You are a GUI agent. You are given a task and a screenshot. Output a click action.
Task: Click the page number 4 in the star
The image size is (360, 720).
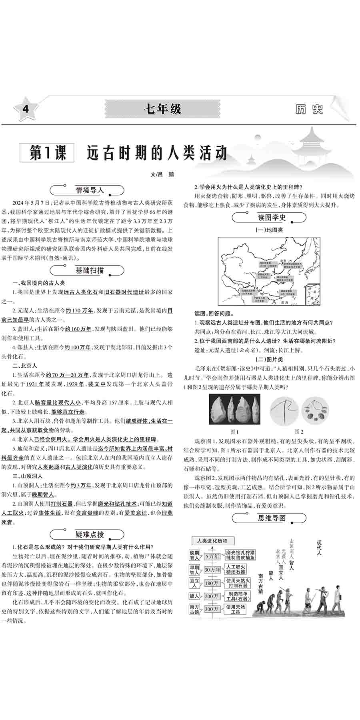25,109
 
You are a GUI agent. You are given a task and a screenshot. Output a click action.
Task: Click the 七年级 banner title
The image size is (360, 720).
163,109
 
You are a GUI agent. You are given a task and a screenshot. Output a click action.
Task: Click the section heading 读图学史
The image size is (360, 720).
271,218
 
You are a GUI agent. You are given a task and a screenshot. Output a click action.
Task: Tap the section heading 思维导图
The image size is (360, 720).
271,518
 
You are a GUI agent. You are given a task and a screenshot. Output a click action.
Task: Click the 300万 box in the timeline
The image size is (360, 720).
212,609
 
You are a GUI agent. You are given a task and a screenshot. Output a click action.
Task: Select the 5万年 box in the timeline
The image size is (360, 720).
212,556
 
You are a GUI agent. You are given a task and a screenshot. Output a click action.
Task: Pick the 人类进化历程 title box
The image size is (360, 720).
212,541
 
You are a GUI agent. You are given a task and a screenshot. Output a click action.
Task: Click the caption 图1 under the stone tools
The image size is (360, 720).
234,432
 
